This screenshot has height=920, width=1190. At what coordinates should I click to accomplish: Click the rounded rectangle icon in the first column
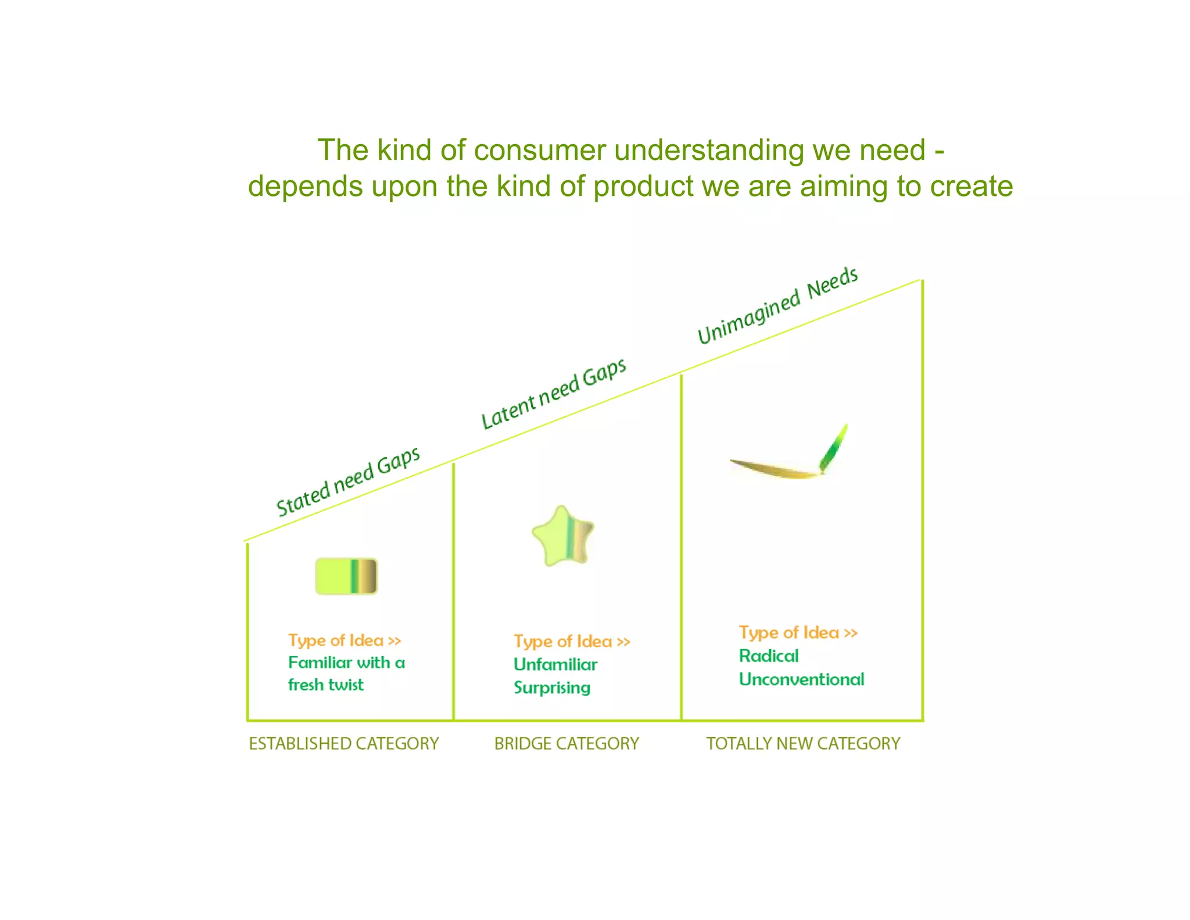click(x=346, y=576)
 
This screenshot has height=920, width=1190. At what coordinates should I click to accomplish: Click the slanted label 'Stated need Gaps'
click(x=347, y=482)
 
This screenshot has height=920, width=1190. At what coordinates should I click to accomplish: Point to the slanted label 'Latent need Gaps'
click(x=553, y=394)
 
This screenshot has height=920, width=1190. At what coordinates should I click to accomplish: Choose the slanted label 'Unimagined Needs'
click(x=777, y=305)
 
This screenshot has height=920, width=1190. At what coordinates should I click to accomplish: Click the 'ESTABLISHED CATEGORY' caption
click(x=343, y=743)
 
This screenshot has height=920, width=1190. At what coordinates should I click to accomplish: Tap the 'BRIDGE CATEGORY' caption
click(x=567, y=743)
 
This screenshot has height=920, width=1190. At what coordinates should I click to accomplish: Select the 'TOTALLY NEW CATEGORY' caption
click(x=803, y=743)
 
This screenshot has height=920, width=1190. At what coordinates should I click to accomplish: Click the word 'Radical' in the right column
click(x=768, y=656)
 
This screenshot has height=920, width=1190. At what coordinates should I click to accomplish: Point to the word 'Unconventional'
click(x=801, y=679)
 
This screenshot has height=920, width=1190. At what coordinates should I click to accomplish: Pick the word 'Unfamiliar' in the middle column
click(x=555, y=664)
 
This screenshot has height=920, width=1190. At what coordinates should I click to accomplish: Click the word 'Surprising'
click(x=551, y=688)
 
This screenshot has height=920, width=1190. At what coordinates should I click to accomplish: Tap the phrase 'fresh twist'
click(x=325, y=685)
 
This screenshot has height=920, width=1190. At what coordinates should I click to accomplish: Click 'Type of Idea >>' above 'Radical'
click(x=798, y=633)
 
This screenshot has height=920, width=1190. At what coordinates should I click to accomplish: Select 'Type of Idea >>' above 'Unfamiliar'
click(x=572, y=641)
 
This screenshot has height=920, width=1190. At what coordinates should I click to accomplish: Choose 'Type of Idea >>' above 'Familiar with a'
click(x=345, y=640)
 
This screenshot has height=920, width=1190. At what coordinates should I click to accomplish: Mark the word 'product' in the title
click(x=644, y=187)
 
